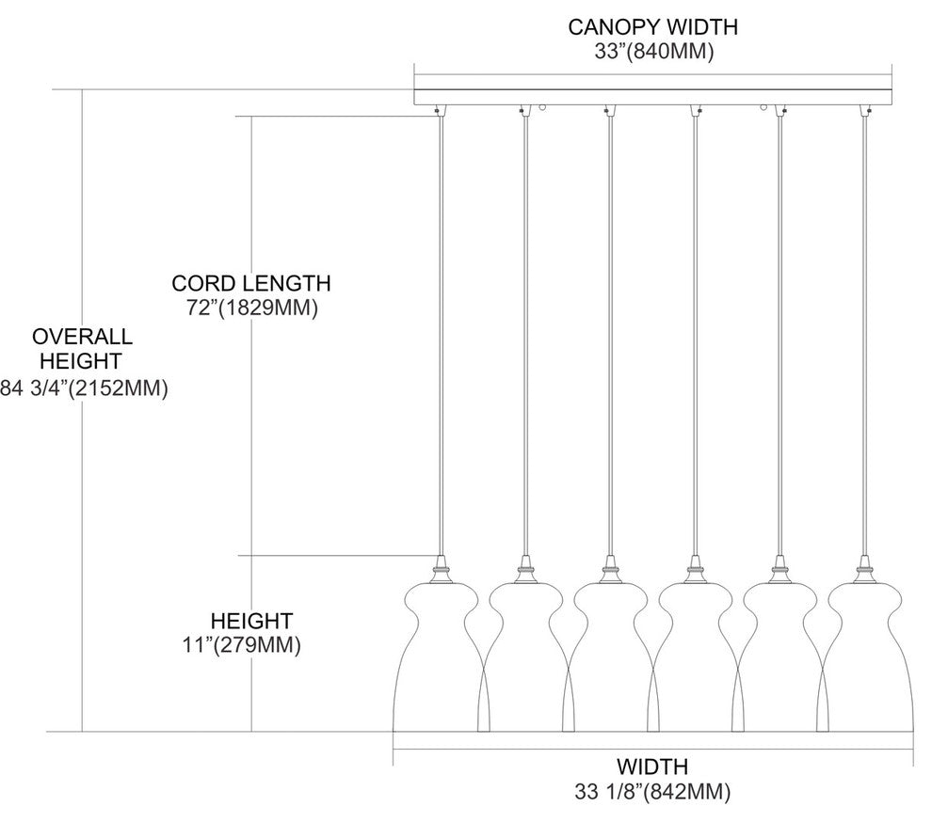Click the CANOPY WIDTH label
point(652,26)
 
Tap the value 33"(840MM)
point(652,53)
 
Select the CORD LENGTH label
point(250,282)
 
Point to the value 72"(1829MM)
point(250,308)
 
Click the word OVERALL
point(82,337)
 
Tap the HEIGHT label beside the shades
point(250,621)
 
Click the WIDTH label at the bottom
point(652,766)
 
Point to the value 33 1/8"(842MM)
point(652,792)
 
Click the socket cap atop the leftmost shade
point(439,569)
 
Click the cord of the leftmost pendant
point(440,329)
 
